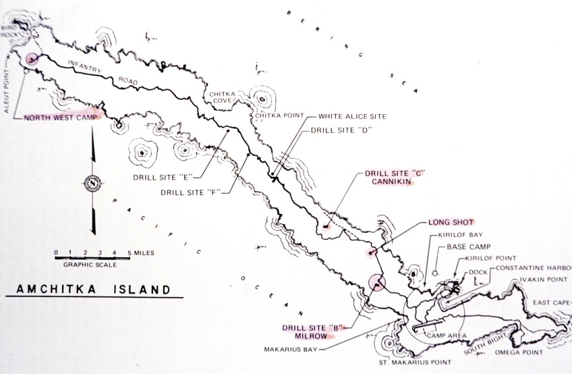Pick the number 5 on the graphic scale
coord(128,252)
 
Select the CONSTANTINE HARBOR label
coord(532,269)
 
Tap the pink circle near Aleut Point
coord(31,59)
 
